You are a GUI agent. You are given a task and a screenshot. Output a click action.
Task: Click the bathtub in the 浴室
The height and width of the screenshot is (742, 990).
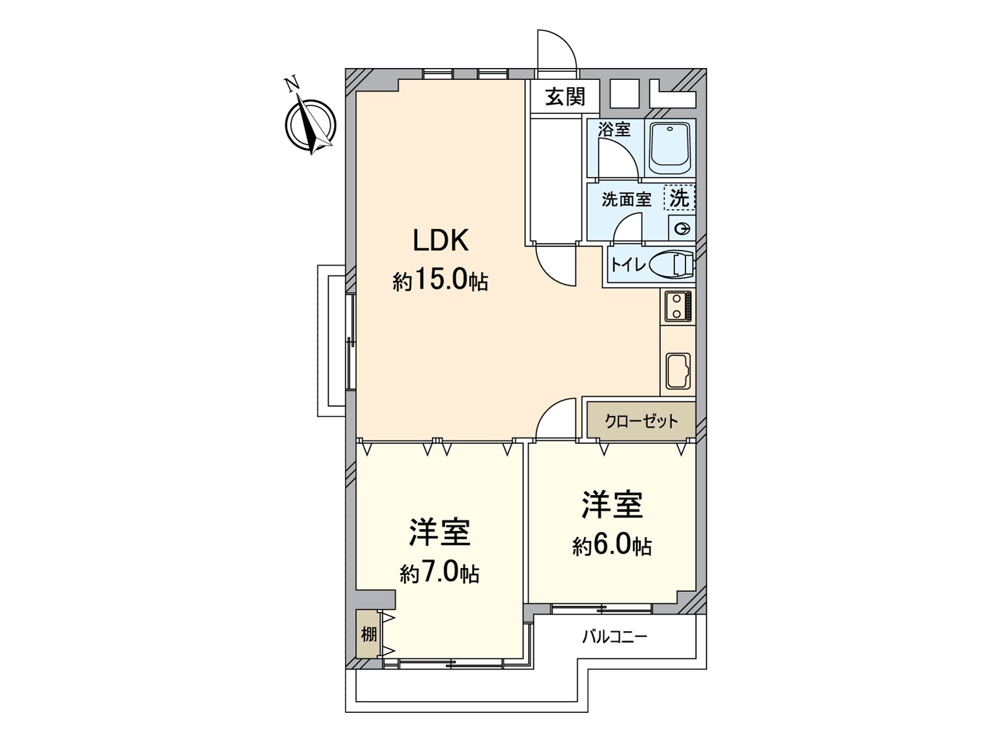tap(669, 149)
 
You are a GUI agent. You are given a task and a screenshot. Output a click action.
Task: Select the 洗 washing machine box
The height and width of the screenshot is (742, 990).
tap(679, 198)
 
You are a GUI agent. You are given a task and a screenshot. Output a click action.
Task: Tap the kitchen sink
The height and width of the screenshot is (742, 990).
tap(678, 371)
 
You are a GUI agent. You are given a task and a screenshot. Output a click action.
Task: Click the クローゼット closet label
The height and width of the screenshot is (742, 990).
tap(641, 422)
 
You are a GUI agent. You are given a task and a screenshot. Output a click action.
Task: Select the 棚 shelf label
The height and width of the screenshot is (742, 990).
tap(369, 634)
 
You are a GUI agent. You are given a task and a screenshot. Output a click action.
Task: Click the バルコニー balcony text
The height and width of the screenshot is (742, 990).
tap(614, 636)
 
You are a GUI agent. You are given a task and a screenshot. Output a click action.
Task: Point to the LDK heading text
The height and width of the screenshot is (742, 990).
tap(441, 241)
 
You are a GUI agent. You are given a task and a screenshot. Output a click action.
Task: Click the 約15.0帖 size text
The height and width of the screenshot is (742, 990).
tap(440, 282)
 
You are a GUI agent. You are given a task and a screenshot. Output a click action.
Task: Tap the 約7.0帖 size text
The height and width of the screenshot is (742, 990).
tap(439, 574)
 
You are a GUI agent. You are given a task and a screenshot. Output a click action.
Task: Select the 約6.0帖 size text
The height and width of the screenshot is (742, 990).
tap(611, 546)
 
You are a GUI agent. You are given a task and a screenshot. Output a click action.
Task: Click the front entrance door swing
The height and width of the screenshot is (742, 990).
tap(556, 49)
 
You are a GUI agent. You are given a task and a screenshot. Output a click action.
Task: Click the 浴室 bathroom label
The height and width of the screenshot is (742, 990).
tap(614, 130)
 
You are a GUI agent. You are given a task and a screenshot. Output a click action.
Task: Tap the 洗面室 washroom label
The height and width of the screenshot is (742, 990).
tap(626, 200)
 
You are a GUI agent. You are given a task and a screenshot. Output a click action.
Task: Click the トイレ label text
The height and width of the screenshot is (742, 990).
tap(627, 265)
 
